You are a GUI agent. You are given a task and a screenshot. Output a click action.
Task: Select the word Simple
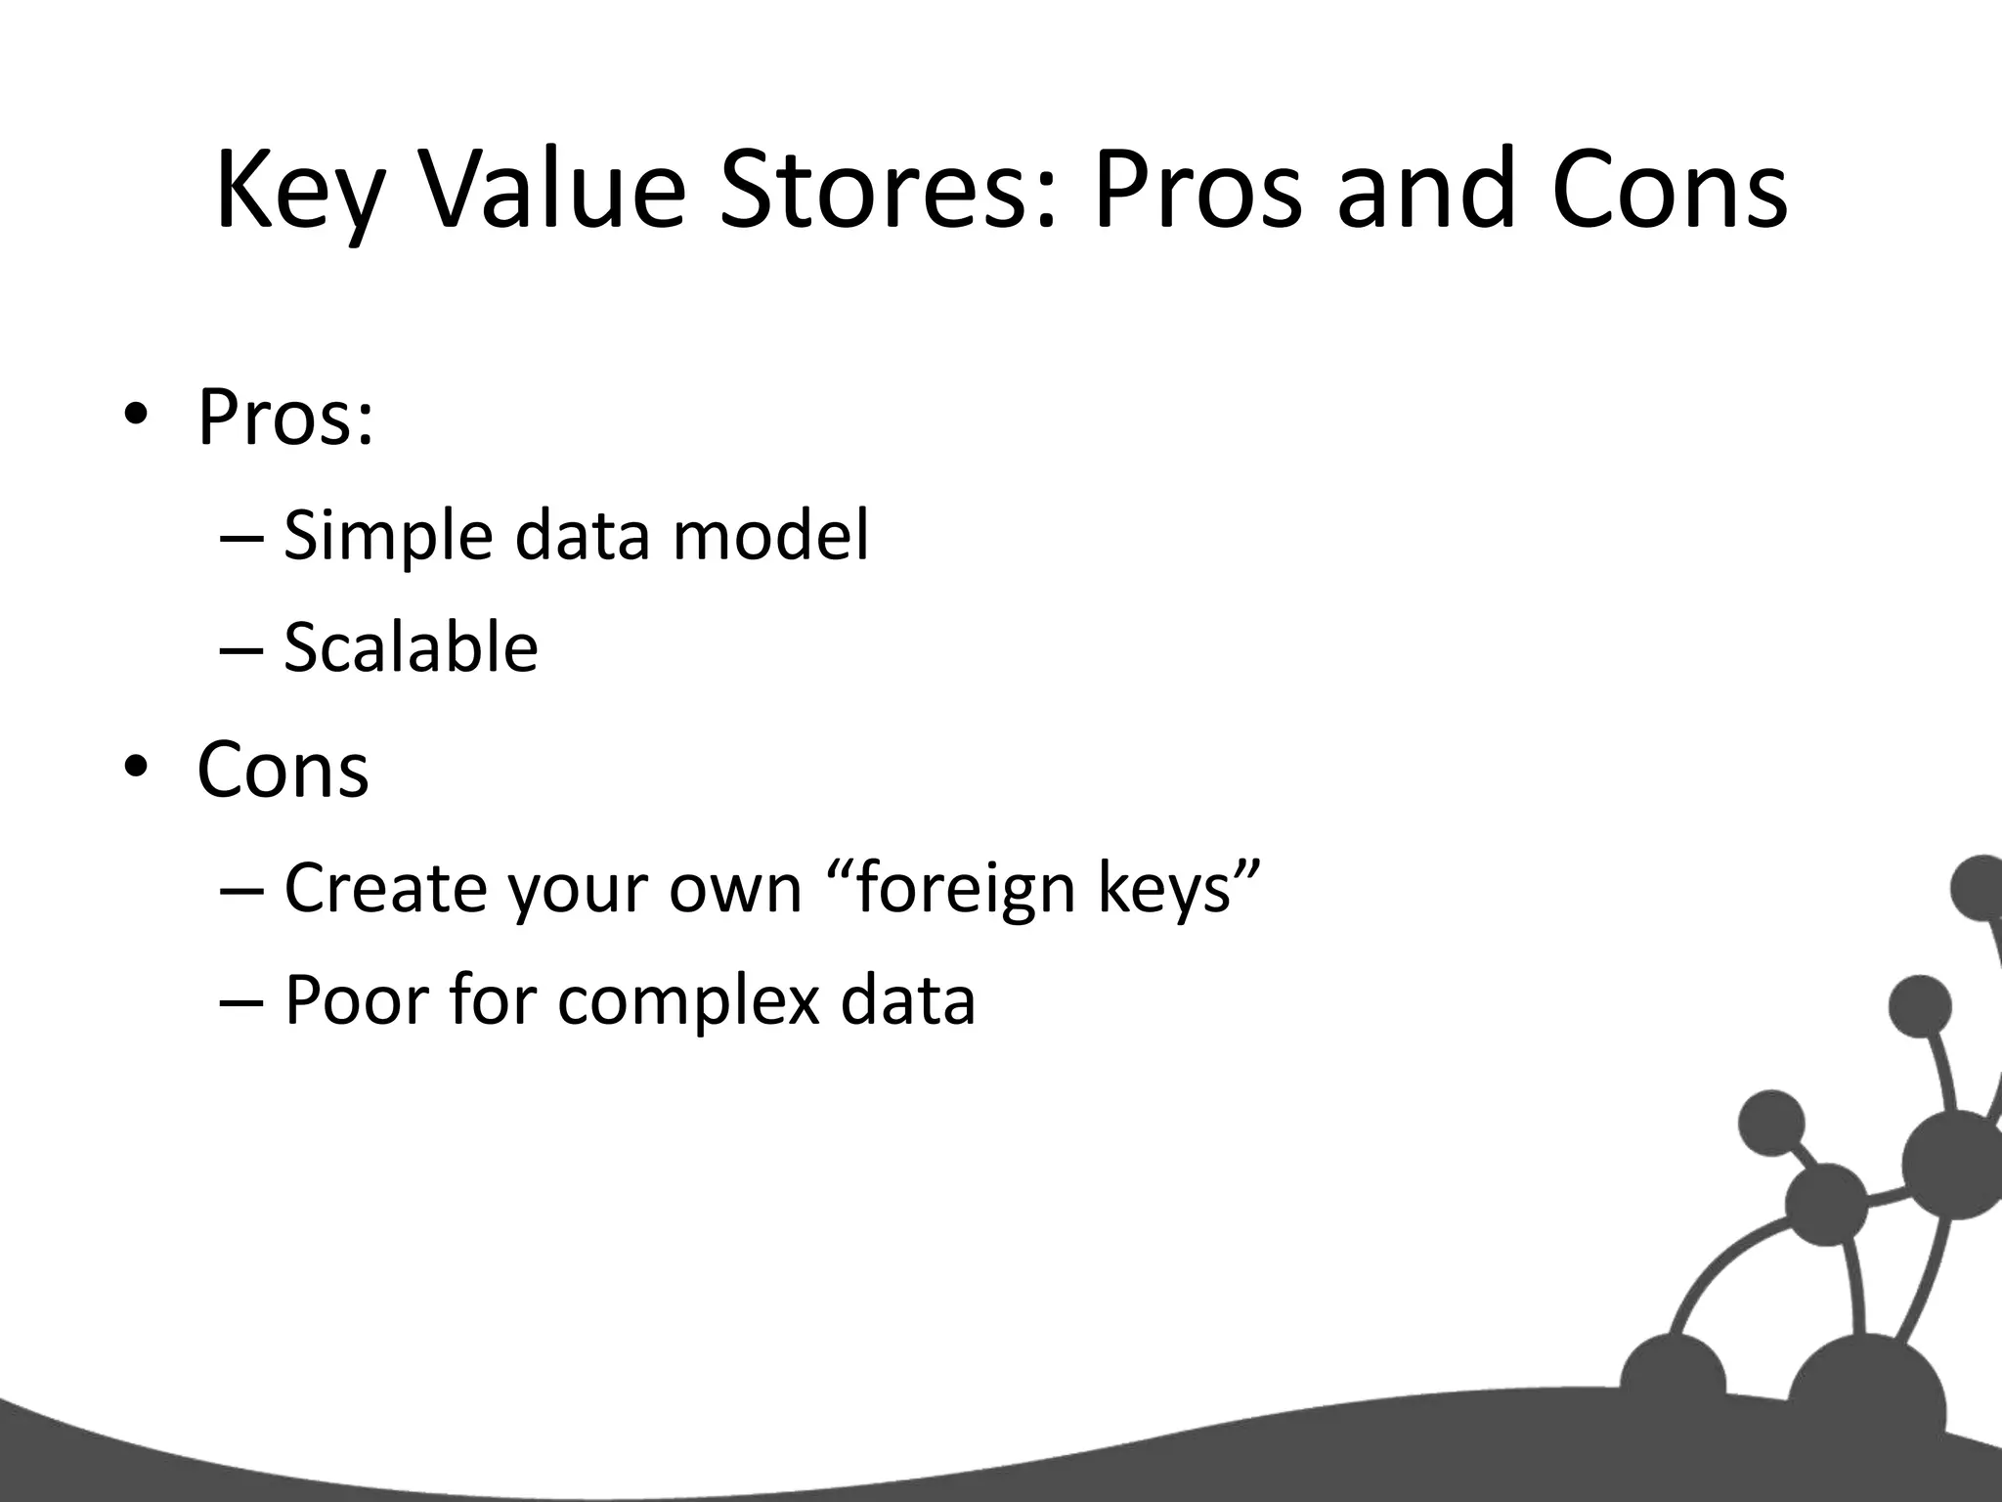click(x=387, y=536)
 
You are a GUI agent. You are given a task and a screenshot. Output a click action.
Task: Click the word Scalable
click(x=411, y=647)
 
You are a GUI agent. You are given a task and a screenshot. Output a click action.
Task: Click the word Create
click(x=386, y=888)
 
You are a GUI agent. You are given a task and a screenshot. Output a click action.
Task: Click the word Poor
click(x=356, y=1000)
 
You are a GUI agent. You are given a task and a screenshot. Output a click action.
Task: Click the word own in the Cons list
click(x=734, y=888)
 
